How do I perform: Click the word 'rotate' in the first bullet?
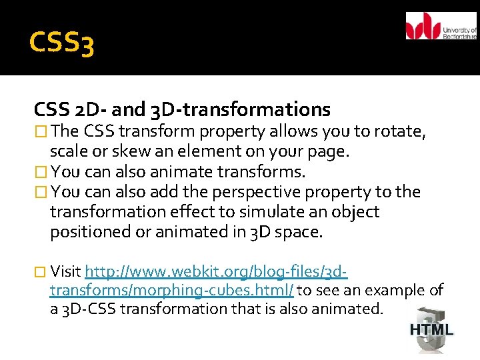click(x=399, y=131)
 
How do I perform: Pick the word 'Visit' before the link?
click(x=65, y=271)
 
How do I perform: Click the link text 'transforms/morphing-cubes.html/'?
click(x=172, y=290)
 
